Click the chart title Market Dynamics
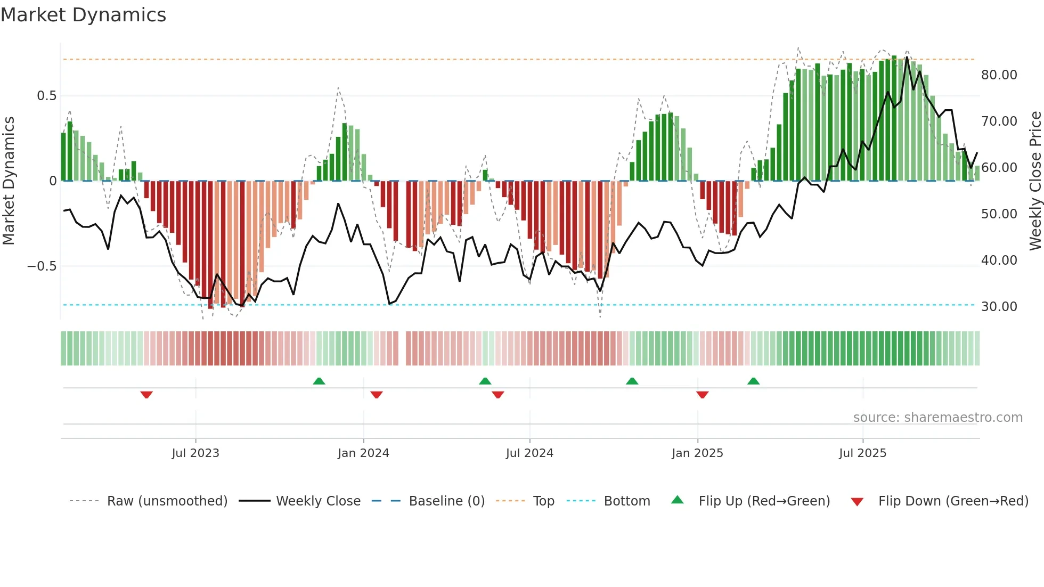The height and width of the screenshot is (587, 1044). [84, 15]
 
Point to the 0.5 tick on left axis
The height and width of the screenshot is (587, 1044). [46, 96]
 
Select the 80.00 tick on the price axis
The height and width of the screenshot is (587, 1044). [999, 75]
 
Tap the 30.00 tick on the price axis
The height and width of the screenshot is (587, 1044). [999, 307]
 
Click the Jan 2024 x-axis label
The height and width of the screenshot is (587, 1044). [363, 453]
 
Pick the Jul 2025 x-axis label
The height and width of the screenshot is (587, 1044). [862, 453]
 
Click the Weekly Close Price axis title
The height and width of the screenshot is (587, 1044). [1035, 181]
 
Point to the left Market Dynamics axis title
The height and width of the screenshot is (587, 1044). [9, 181]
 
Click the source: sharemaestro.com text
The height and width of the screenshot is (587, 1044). [937, 418]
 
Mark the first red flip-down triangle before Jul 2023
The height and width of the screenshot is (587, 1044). [146, 395]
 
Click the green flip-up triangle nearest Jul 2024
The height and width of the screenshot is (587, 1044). [485, 381]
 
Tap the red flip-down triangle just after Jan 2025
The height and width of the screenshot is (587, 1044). [702, 395]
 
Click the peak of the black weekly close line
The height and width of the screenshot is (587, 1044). [907, 58]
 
